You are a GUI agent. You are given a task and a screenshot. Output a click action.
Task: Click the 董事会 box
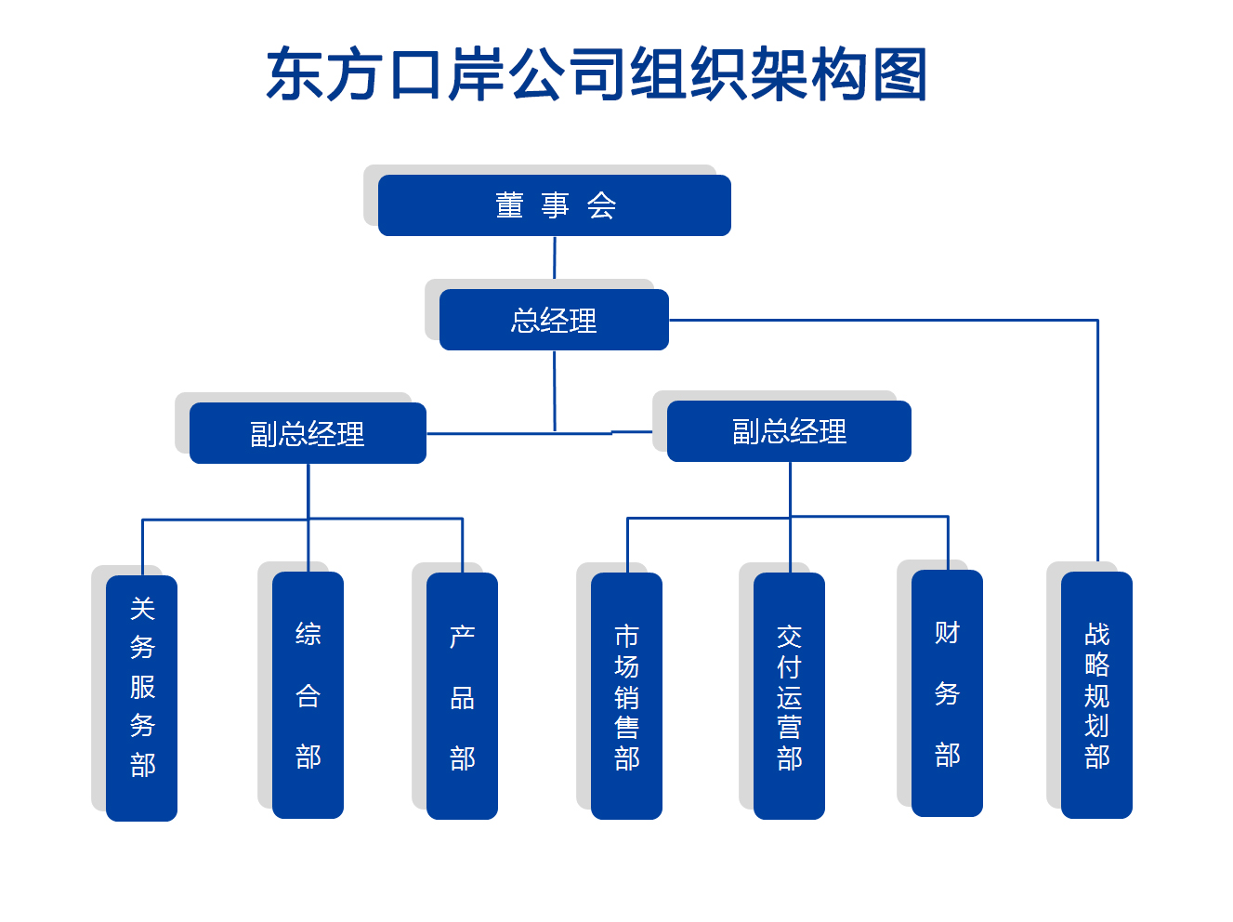pyautogui.click(x=554, y=205)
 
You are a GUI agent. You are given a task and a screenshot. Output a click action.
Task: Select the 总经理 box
pyautogui.click(x=554, y=320)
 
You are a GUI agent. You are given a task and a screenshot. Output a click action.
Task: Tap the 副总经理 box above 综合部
pyautogui.click(x=308, y=433)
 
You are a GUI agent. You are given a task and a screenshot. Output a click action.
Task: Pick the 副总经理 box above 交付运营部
pyautogui.click(x=789, y=431)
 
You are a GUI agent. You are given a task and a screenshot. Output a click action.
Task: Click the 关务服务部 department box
pyautogui.click(x=141, y=698)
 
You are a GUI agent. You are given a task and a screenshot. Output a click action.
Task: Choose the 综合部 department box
pyautogui.click(x=308, y=695)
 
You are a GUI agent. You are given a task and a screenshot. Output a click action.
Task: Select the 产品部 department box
pyautogui.click(x=463, y=696)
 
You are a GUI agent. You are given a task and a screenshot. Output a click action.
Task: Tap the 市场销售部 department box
pyautogui.click(x=627, y=696)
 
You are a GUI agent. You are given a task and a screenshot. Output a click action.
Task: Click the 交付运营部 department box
pyautogui.click(x=789, y=696)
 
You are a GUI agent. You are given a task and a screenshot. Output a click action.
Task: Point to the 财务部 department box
pyautogui.click(x=947, y=693)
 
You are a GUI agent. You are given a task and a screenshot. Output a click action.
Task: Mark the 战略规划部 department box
pyautogui.click(x=1096, y=695)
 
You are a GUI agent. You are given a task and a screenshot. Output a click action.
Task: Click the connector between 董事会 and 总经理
pyautogui.click(x=555, y=257)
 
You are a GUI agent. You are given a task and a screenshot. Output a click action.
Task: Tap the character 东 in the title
pyautogui.click(x=295, y=74)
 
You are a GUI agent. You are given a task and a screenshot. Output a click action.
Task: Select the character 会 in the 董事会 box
pyautogui.click(x=601, y=205)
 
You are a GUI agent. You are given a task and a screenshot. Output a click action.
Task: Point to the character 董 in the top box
pyautogui.click(x=509, y=205)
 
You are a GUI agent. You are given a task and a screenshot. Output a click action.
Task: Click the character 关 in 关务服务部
pyautogui.click(x=142, y=609)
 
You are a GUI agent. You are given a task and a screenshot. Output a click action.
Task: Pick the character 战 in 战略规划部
pyautogui.click(x=1097, y=634)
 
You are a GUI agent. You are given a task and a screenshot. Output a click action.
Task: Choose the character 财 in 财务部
pyautogui.click(x=947, y=633)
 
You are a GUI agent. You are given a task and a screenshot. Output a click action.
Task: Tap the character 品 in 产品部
pyautogui.click(x=463, y=698)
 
